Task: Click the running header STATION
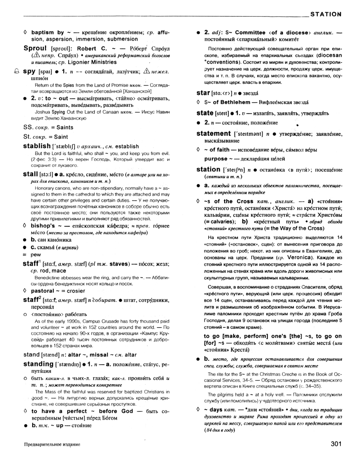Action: pyautogui.click(x=326, y=14)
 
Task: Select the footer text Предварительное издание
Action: pyautogui.click(x=52, y=444)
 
